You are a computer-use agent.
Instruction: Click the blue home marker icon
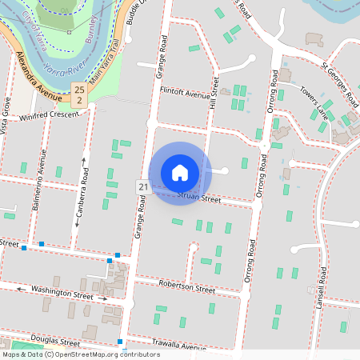click(180, 172)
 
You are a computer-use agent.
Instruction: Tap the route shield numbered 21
click(142, 186)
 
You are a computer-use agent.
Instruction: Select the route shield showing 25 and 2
click(78, 94)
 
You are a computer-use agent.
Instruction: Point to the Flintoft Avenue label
click(184, 94)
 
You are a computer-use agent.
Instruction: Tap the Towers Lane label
click(314, 101)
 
